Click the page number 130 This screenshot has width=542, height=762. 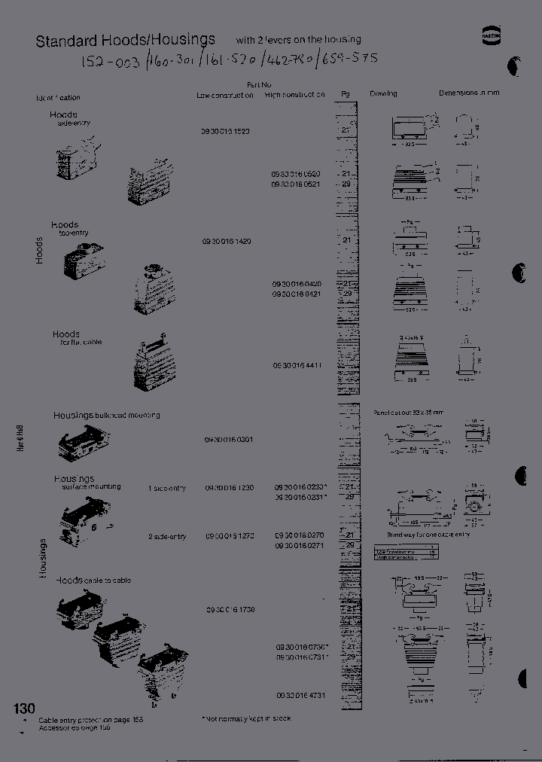[24, 709]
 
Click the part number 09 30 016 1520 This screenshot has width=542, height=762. [226, 131]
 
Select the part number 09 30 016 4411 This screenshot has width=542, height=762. [297, 365]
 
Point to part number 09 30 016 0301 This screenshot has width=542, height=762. [229, 439]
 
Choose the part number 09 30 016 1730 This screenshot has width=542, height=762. [230, 609]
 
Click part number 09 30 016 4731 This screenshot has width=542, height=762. [300, 696]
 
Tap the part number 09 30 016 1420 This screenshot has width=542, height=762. [226, 241]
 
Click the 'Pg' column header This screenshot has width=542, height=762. [346, 94]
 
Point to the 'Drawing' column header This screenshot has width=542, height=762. [383, 94]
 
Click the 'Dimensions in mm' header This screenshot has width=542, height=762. [469, 93]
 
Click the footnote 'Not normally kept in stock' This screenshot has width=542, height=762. [246, 718]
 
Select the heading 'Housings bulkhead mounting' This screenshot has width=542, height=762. [106, 415]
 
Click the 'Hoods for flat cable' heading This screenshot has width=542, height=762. [76, 337]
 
